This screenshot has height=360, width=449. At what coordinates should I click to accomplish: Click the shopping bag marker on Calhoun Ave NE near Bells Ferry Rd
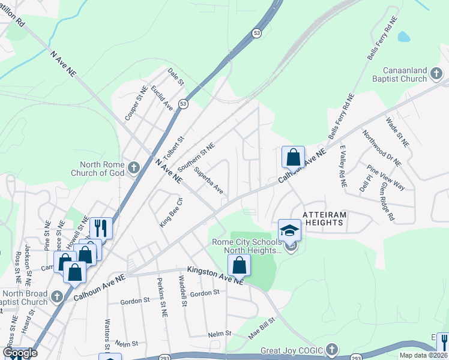(x=293, y=158)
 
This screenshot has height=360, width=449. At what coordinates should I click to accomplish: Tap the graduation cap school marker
(x=289, y=232)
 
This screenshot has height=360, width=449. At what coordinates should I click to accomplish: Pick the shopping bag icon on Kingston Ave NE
(x=239, y=265)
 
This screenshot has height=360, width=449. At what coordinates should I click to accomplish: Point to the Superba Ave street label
(x=209, y=181)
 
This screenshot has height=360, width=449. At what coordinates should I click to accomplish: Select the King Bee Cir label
(x=170, y=212)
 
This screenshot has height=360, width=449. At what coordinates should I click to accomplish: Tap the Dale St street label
(x=175, y=77)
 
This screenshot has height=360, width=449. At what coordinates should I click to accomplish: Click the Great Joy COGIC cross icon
(x=333, y=350)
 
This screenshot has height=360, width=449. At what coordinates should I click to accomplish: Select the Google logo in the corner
(x=20, y=353)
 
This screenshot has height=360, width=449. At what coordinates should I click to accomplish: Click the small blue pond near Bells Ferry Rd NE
(x=403, y=37)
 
